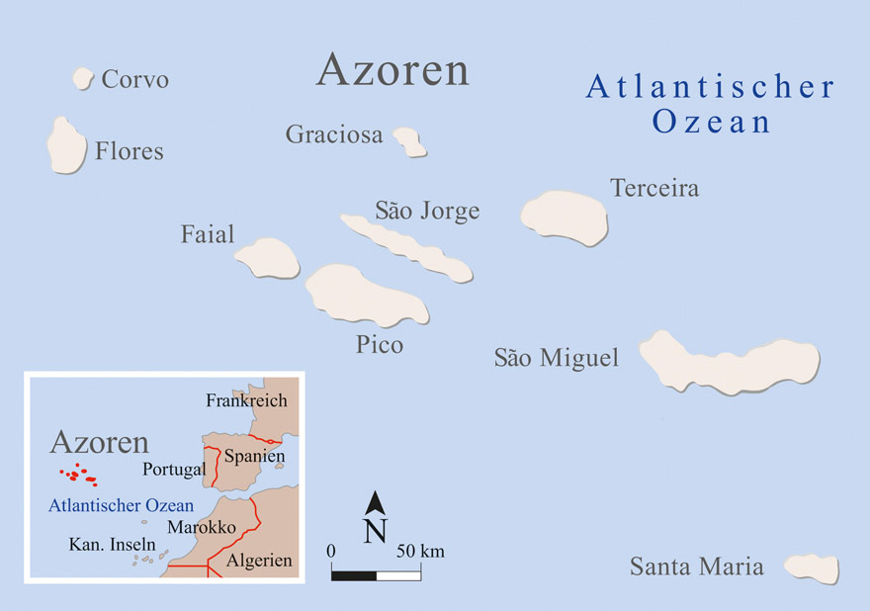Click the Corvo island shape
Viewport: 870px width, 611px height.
[x=82, y=78]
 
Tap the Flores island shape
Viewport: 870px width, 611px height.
[x=66, y=145]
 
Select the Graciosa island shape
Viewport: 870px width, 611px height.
[x=409, y=141]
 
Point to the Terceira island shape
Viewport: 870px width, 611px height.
[x=564, y=217]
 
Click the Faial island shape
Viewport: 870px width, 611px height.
[x=267, y=257]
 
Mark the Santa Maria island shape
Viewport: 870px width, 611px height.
[x=811, y=567]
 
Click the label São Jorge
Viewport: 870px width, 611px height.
[x=427, y=211]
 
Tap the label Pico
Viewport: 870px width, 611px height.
[x=380, y=345]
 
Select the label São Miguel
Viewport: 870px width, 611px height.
[x=556, y=358]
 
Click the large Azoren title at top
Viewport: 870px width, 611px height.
[x=392, y=70]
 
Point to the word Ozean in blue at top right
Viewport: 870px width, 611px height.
[x=710, y=123]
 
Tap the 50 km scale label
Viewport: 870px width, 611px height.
[x=419, y=551]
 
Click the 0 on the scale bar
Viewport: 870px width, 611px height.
[x=332, y=551]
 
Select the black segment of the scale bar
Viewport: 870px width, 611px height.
[x=354, y=573]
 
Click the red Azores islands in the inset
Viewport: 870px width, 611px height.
[x=79, y=476]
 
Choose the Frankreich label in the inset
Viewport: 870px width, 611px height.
[x=246, y=400]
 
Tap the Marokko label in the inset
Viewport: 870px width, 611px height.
[x=202, y=528]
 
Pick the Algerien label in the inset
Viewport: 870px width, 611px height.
[x=259, y=561]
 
